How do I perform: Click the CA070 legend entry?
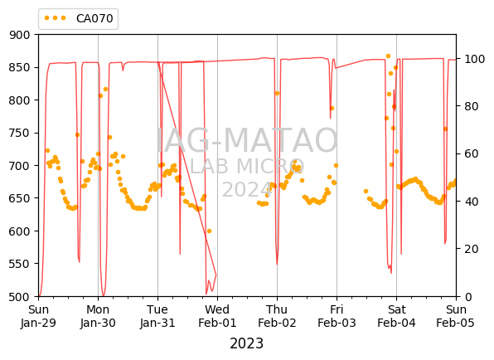click(x=79, y=18)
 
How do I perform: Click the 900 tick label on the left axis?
click(x=20, y=35)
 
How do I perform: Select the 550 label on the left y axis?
click(x=20, y=264)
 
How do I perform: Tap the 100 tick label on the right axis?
click(x=474, y=59)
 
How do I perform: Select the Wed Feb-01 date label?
click(x=217, y=316)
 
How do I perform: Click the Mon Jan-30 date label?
click(x=98, y=316)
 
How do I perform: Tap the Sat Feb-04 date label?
click(x=397, y=316)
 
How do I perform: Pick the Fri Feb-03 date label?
click(x=337, y=316)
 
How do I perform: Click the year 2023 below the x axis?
click(x=247, y=343)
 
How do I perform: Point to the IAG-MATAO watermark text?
click(x=247, y=140)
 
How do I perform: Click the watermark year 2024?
click(x=247, y=190)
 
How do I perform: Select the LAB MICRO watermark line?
click(x=247, y=166)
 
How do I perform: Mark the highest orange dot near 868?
click(x=388, y=56)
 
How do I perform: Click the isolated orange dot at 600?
click(x=209, y=231)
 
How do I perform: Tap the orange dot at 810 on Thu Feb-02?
click(x=277, y=93)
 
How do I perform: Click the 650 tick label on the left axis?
click(x=20, y=198)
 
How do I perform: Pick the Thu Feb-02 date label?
click(x=277, y=316)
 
